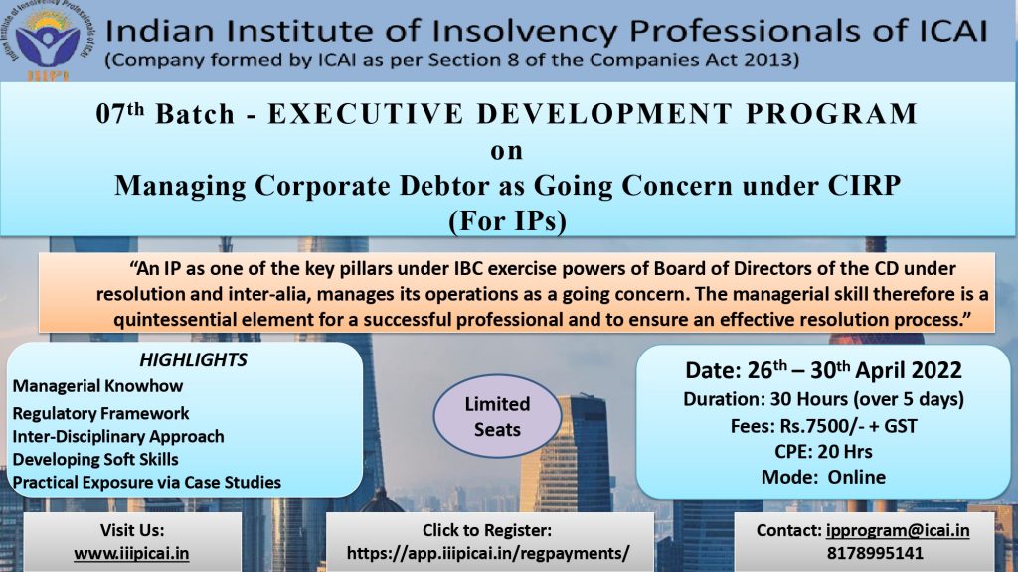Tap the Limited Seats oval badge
497,416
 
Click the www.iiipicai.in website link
132,554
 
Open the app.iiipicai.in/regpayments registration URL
488,553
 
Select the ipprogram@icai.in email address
898,530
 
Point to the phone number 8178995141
875,553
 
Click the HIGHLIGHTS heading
194,359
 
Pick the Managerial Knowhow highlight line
97,386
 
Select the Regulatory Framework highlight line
100,413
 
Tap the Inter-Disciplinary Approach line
118,437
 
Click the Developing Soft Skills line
95,459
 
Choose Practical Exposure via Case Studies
147,483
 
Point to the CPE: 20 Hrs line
823,452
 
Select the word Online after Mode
856,477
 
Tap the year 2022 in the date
936,370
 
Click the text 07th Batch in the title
165,113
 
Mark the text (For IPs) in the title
508,220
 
